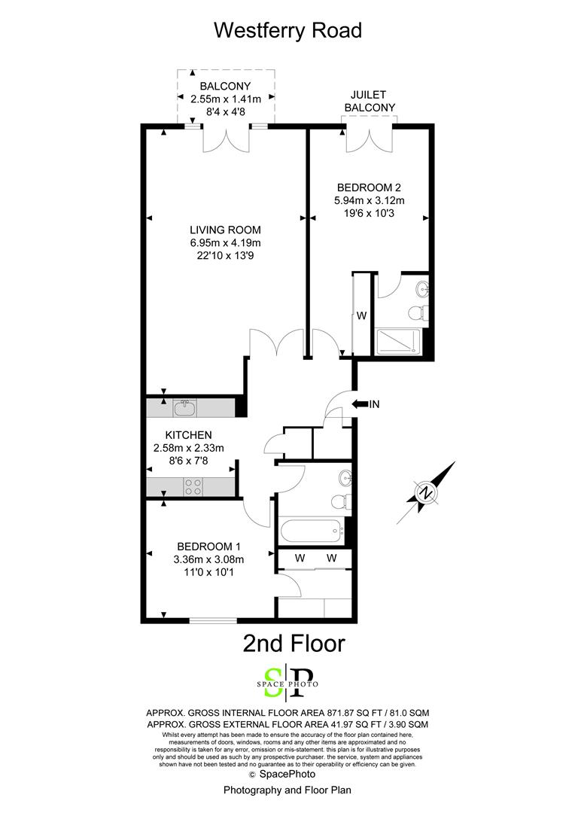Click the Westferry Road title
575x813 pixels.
coord(287,31)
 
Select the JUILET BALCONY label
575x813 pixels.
coord(370,101)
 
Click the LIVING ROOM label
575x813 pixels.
coord(226,230)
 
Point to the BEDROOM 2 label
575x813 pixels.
coord(369,187)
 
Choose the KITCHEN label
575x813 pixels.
coord(188,435)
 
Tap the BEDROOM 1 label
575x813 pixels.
coord(208,547)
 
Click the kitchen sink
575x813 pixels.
coord(184,408)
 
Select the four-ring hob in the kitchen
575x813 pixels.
coord(193,487)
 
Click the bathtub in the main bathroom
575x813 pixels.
coord(311,531)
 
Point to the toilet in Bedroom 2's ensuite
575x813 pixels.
coord(418,313)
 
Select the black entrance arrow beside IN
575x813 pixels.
coord(359,404)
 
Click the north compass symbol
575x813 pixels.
coord(426,492)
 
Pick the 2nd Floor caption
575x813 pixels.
coord(294,644)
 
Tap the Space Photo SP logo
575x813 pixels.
coord(287,684)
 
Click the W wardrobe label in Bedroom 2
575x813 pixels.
coord(362,315)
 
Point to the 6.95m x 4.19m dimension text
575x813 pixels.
coord(226,242)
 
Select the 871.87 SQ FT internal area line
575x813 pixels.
coord(287,713)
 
